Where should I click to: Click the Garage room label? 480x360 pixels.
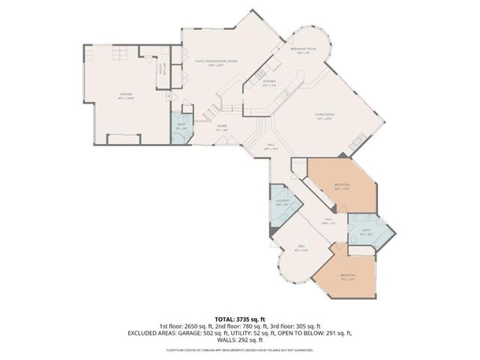click(126, 94)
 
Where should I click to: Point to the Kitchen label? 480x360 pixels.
click(268, 83)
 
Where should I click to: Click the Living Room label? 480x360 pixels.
click(325, 115)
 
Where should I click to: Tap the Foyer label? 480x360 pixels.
click(222, 127)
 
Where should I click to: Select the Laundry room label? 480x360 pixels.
click(282, 202)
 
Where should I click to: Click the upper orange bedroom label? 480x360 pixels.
click(341, 186)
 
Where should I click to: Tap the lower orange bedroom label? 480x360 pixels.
click(347, 276)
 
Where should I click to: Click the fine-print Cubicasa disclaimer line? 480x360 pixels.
click(240, 349)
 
